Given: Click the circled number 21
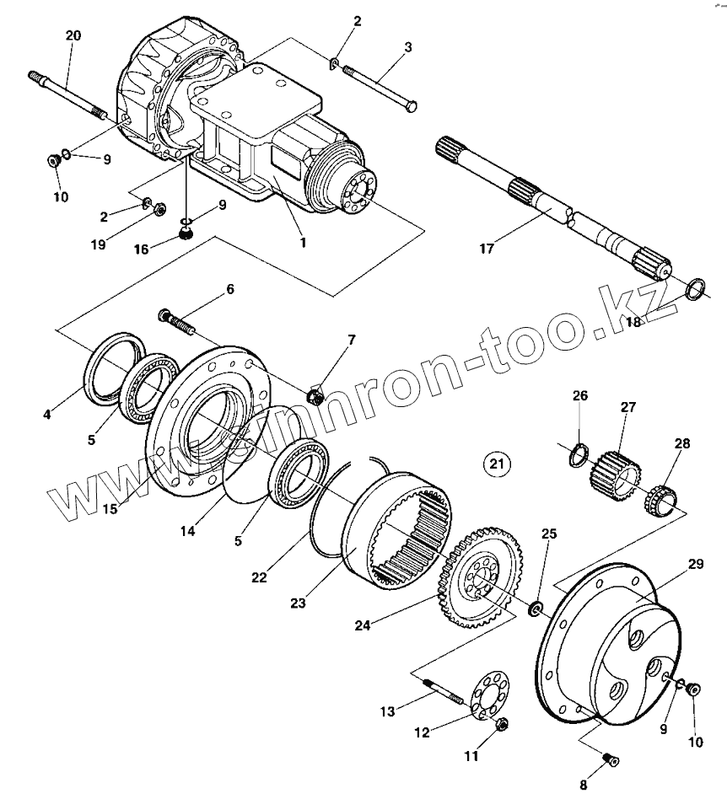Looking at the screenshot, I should coord(497,463).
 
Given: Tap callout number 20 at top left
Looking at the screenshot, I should coord(73,35).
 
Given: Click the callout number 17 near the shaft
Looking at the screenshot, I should coord(487,249).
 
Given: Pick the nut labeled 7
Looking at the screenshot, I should coord(316,393).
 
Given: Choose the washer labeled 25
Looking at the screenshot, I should coord(535,608).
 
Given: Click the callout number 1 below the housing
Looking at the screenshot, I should coord(304,242).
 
